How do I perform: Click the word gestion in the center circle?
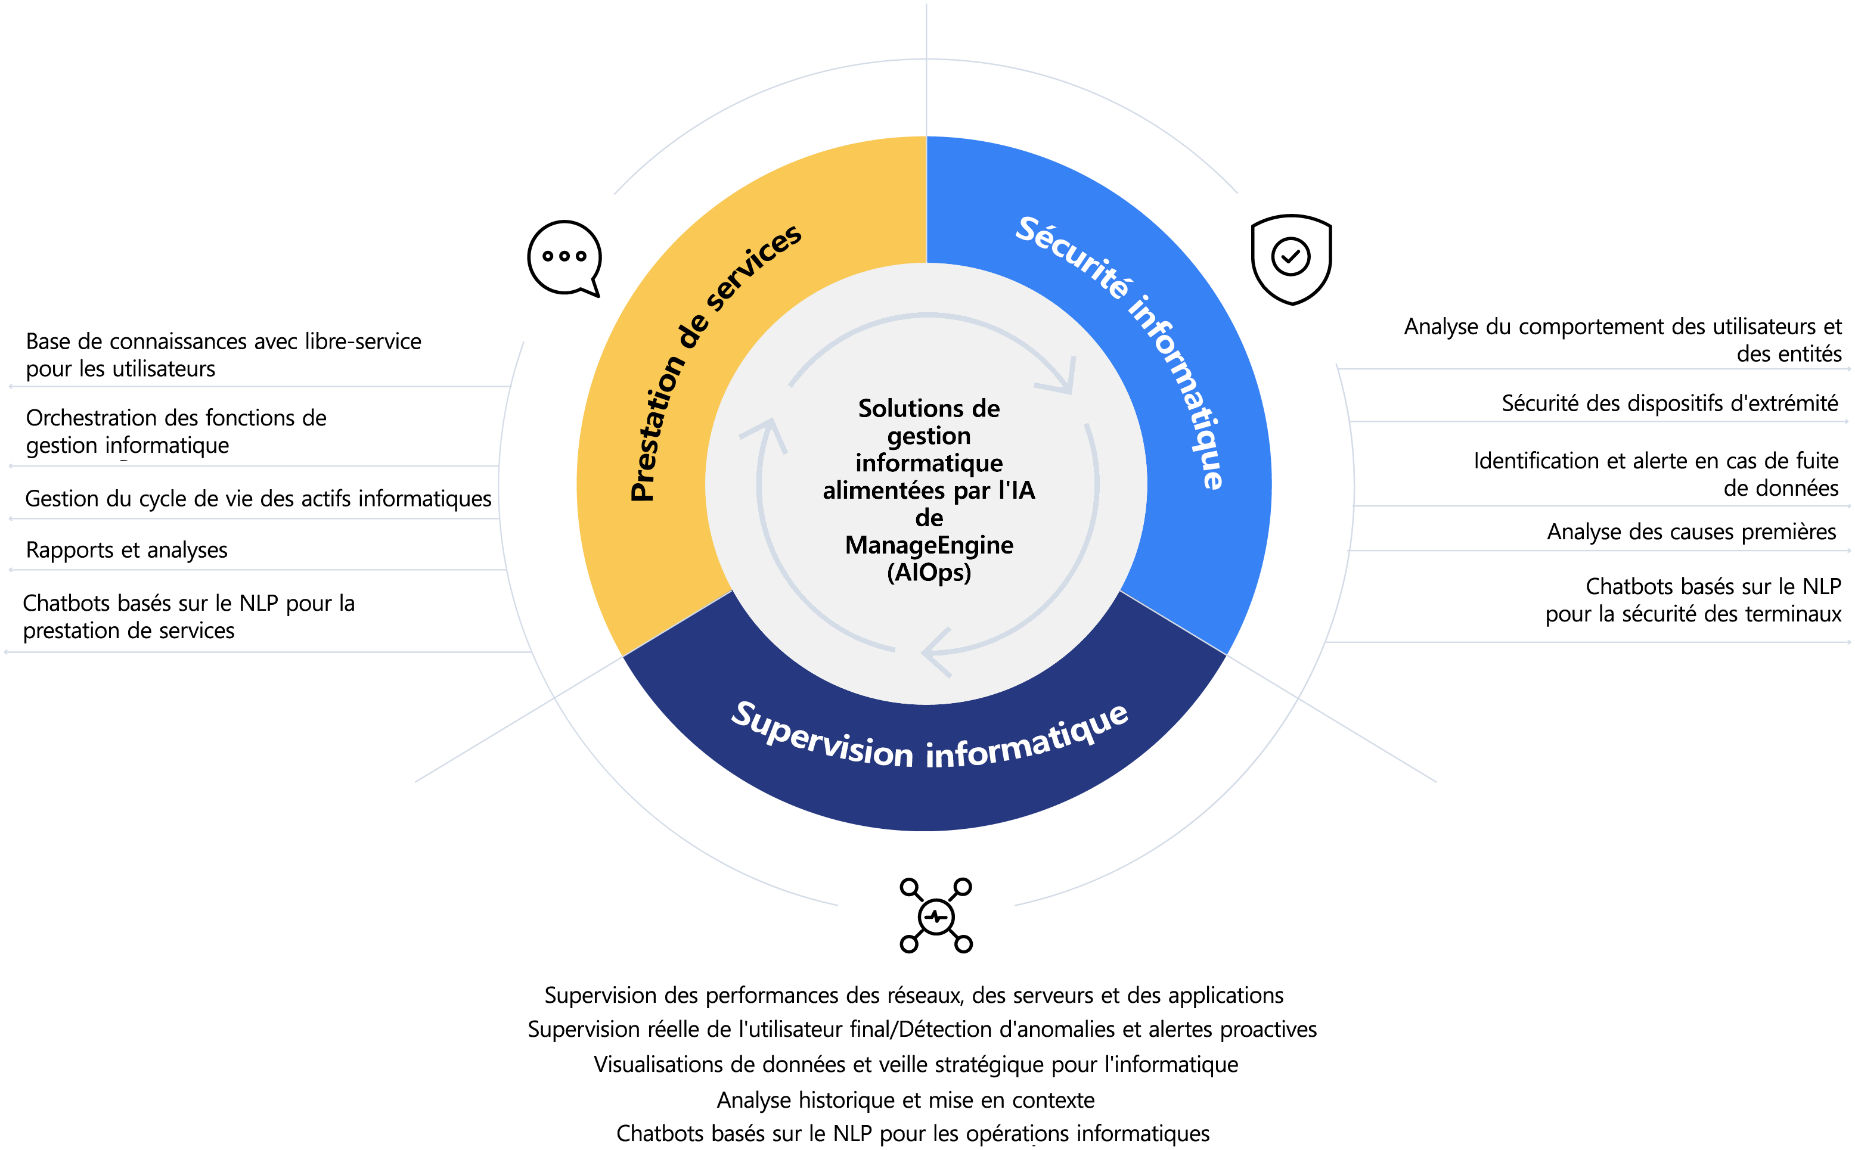929,436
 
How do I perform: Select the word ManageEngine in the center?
929,545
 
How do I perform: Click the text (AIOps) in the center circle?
929,572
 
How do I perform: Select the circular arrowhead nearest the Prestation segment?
765,434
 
